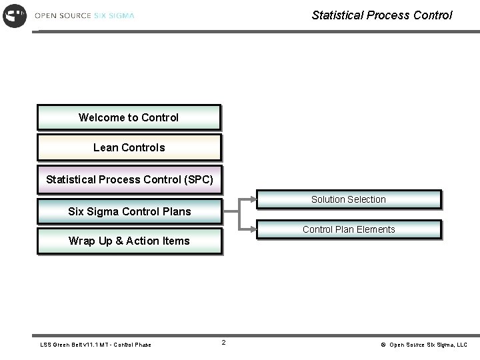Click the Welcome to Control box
pos(129,117)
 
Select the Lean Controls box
pos(129,147)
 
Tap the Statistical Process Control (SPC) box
pos(129,179)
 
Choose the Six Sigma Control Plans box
pos(129,211)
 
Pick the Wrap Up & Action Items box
pos(129,241)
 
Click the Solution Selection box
pos(349,199)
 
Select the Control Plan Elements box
pos(349,229)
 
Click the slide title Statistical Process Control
pos(381,15)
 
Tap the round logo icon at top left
pos(15,15)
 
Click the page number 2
pos(223,343)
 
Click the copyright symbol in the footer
pos(383,345)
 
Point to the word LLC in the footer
pos(461,345)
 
